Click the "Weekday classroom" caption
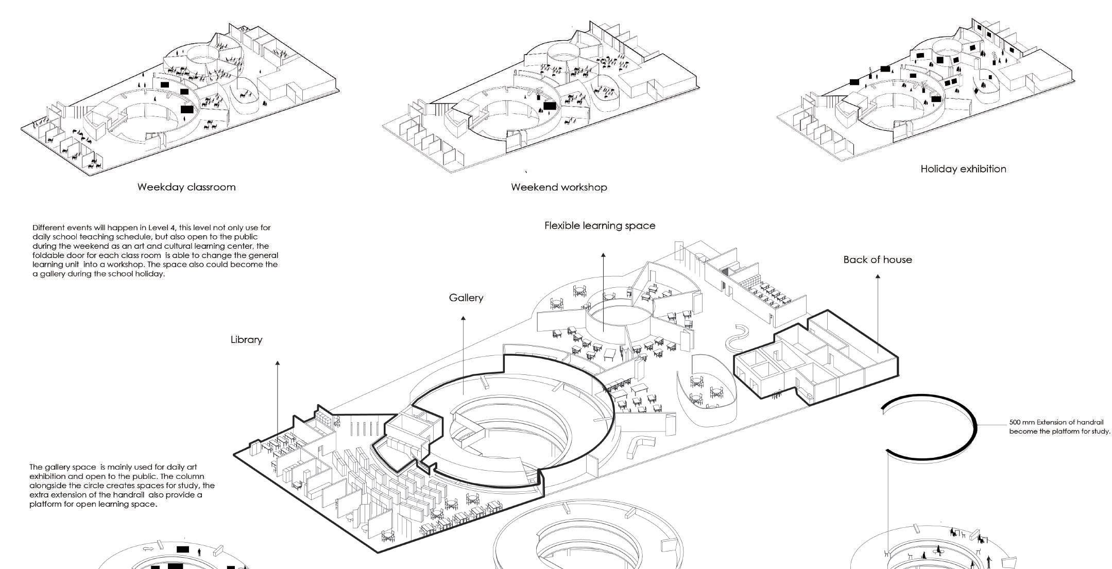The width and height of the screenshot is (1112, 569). [x=186, y=187]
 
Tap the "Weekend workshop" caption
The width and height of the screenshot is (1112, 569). [x=559, y=187]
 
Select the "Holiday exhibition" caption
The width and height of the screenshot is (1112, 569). [x=963, y=169]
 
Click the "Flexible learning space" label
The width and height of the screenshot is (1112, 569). [x=600, y=226]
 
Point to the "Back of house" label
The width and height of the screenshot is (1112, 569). [x=878, y=260]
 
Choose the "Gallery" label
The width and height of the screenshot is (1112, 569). [x=466, y=298]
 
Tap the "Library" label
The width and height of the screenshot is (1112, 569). [x=246, y=340]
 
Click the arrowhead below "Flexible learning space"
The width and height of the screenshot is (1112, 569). [x=603, y=255]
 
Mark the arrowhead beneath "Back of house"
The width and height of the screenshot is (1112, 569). [x=878, y=277]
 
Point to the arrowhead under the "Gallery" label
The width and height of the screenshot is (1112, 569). [x=463, y=319]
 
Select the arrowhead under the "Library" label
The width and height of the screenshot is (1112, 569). [x=278, y=363]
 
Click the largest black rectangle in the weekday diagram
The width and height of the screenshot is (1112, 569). [x=187, y=109]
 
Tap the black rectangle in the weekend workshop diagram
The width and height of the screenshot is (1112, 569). [x=550, y=106]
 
